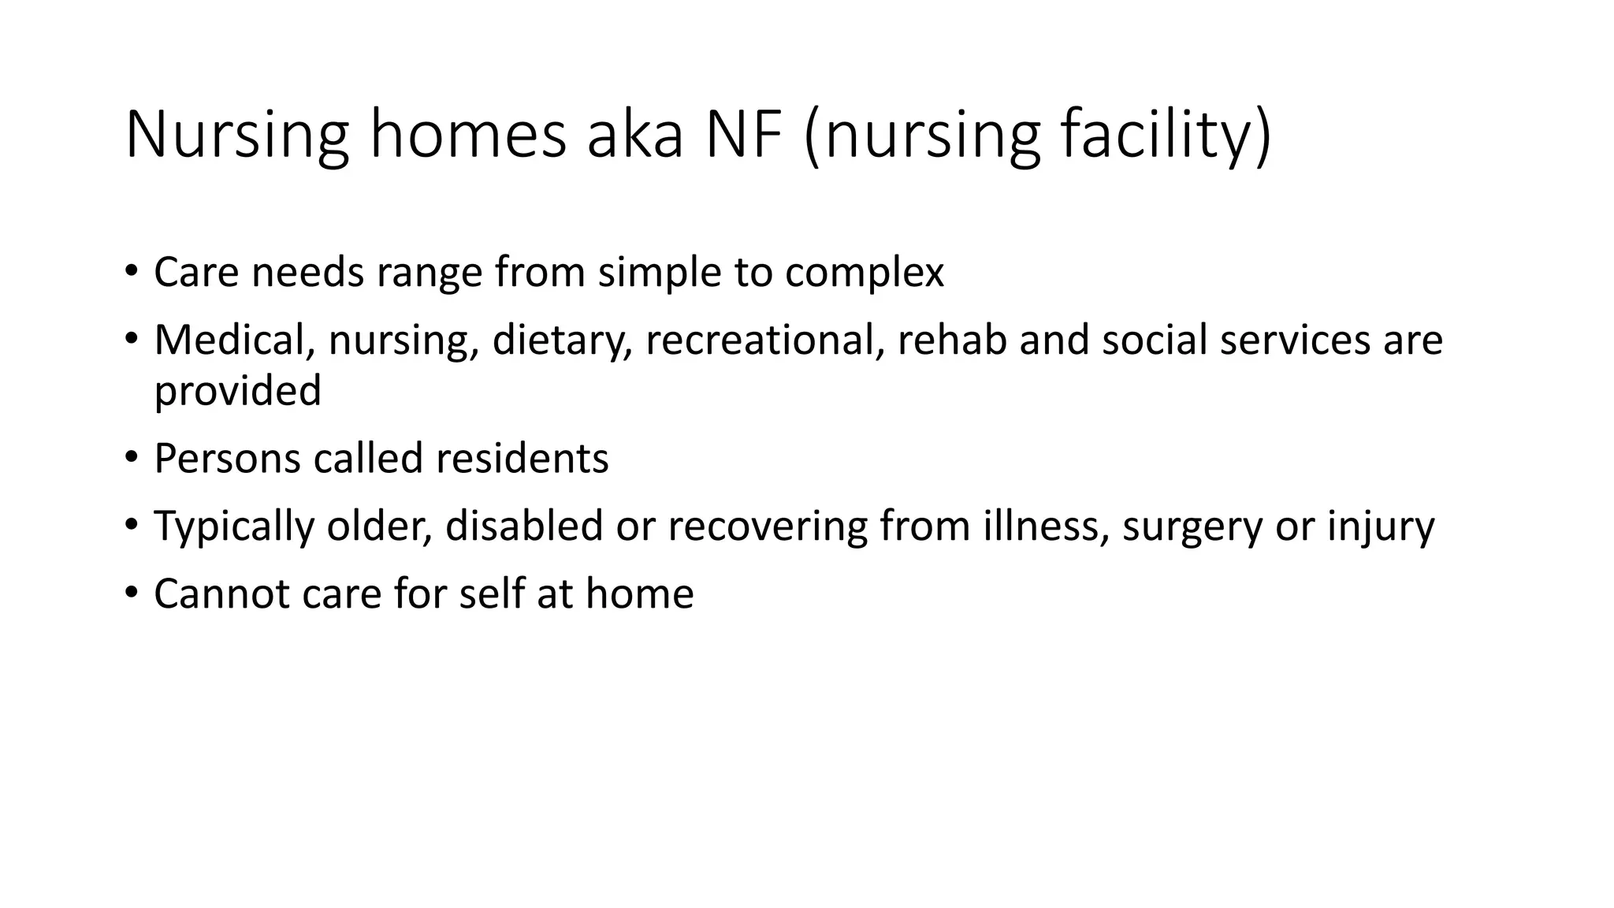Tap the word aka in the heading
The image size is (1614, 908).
click(634, 136)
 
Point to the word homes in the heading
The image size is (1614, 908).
click(468, 136)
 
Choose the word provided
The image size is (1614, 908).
click(237, 391)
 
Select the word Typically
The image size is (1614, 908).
click(234, 527)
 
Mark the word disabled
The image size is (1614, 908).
click(524, 527)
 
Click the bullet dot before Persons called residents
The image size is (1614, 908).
click(131, 457)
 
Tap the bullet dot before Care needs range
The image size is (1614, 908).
click(131, 271)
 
